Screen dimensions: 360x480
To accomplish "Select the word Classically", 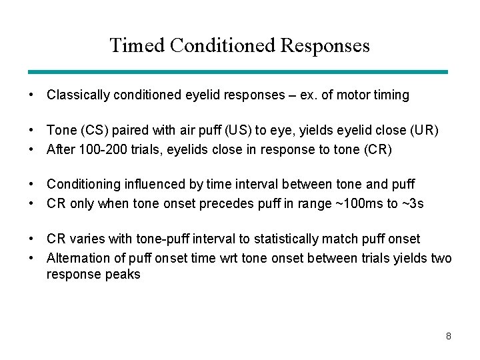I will pyautogui.click(x=78, y=95).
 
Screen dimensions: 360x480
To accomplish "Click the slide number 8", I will pyautogui.click(x=449, y=336).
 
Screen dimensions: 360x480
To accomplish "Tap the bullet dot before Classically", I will pyautogui.click(x=31, y=95).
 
